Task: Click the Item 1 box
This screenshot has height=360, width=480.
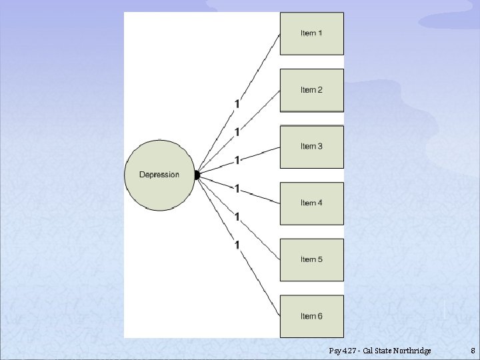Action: click(311, 33)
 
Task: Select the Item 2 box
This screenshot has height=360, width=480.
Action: click(311, 90)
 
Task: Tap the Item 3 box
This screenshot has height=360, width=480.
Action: click(311, 147)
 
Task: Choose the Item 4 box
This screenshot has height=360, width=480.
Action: click(311, 203)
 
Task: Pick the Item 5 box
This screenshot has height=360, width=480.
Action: click(311, 259)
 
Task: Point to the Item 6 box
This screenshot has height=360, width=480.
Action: click(311, 316)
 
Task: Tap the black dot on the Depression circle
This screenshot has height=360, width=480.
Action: click(197, 175)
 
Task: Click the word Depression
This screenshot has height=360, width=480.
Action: click(159, 175)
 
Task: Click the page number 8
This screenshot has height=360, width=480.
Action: click(473, 351)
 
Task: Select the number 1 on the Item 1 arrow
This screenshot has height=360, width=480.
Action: click(237, 104)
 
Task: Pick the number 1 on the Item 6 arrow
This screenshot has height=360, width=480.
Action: click(237, 245)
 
